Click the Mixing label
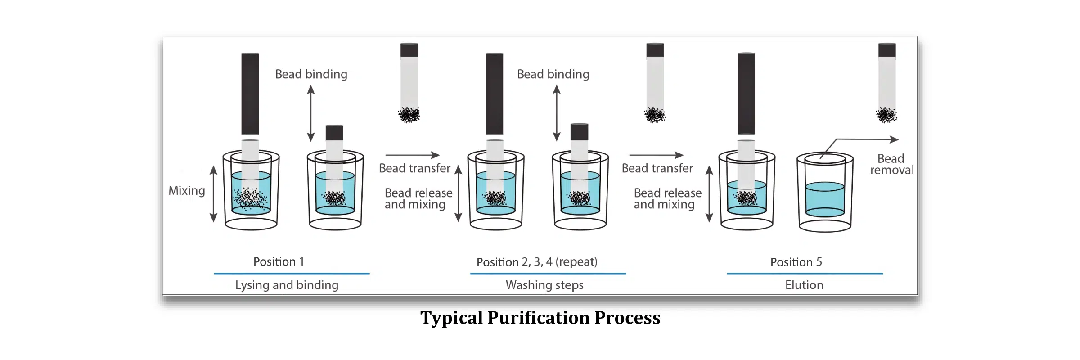point(187,191)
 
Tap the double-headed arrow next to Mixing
point(214,194)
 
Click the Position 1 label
point(279,261)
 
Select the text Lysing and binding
point(287,285)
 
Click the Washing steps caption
point(544,285)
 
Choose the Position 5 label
point(796,262)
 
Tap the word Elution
point(804,285)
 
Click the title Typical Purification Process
point(540,318)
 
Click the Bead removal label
point(891,164)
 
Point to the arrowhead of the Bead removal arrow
point(895,139)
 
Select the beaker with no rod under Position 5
point(825,192)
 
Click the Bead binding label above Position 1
point(311,74)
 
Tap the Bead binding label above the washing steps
point(553,74)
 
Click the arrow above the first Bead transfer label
point(413,155)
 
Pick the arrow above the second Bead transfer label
point(657,155)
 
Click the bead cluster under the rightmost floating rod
point(886,115)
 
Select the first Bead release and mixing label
point(418,199)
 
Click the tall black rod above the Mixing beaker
point(250,94)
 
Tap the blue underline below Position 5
point(805,273)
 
